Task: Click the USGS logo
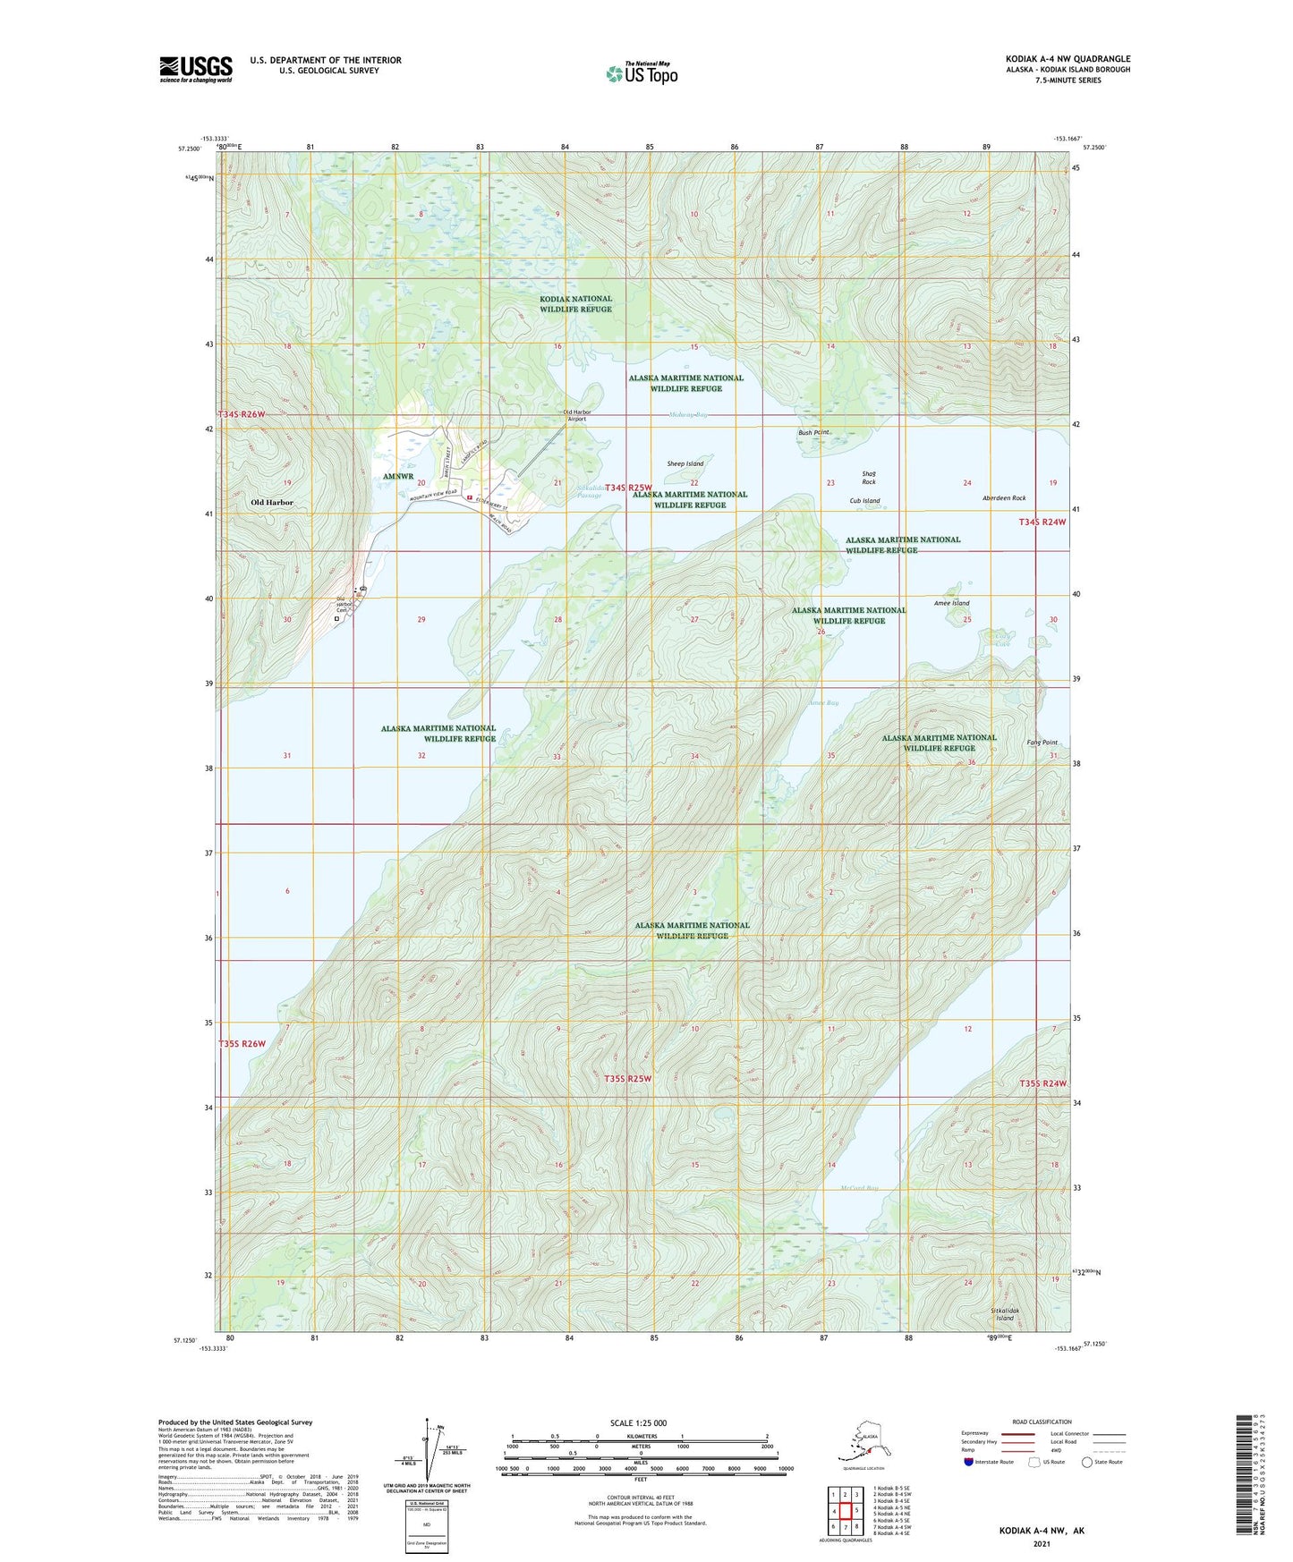pyautogui.click(x=195, y=69)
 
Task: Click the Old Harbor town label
pyautogui.click(x=271, y=503)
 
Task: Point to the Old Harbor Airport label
pyautogui.click(x=575, y=415)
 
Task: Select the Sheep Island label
pyautogui.click(x=685, y=463)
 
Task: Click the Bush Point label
pyautogui.click(x=815, y=433)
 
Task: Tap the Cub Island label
pyautogui.click(x=864, y=501)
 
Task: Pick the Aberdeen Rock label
pyautogui.click(x=1003, y=498)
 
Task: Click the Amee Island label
pyautogui.click(x=951, y=603)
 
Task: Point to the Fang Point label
pyautogui.click(x=1042, y=743)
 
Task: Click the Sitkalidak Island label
pyautogui.click(x=1005, y=1314)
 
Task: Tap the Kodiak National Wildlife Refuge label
pyautogui.click(x=575, y=304)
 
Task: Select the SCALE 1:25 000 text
pyautogui.click(x=638, y=1423)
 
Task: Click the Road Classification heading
pyautogui.click(x=1042, y=1422)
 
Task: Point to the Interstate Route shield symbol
pyautogui.click(x=969, y=1462)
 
